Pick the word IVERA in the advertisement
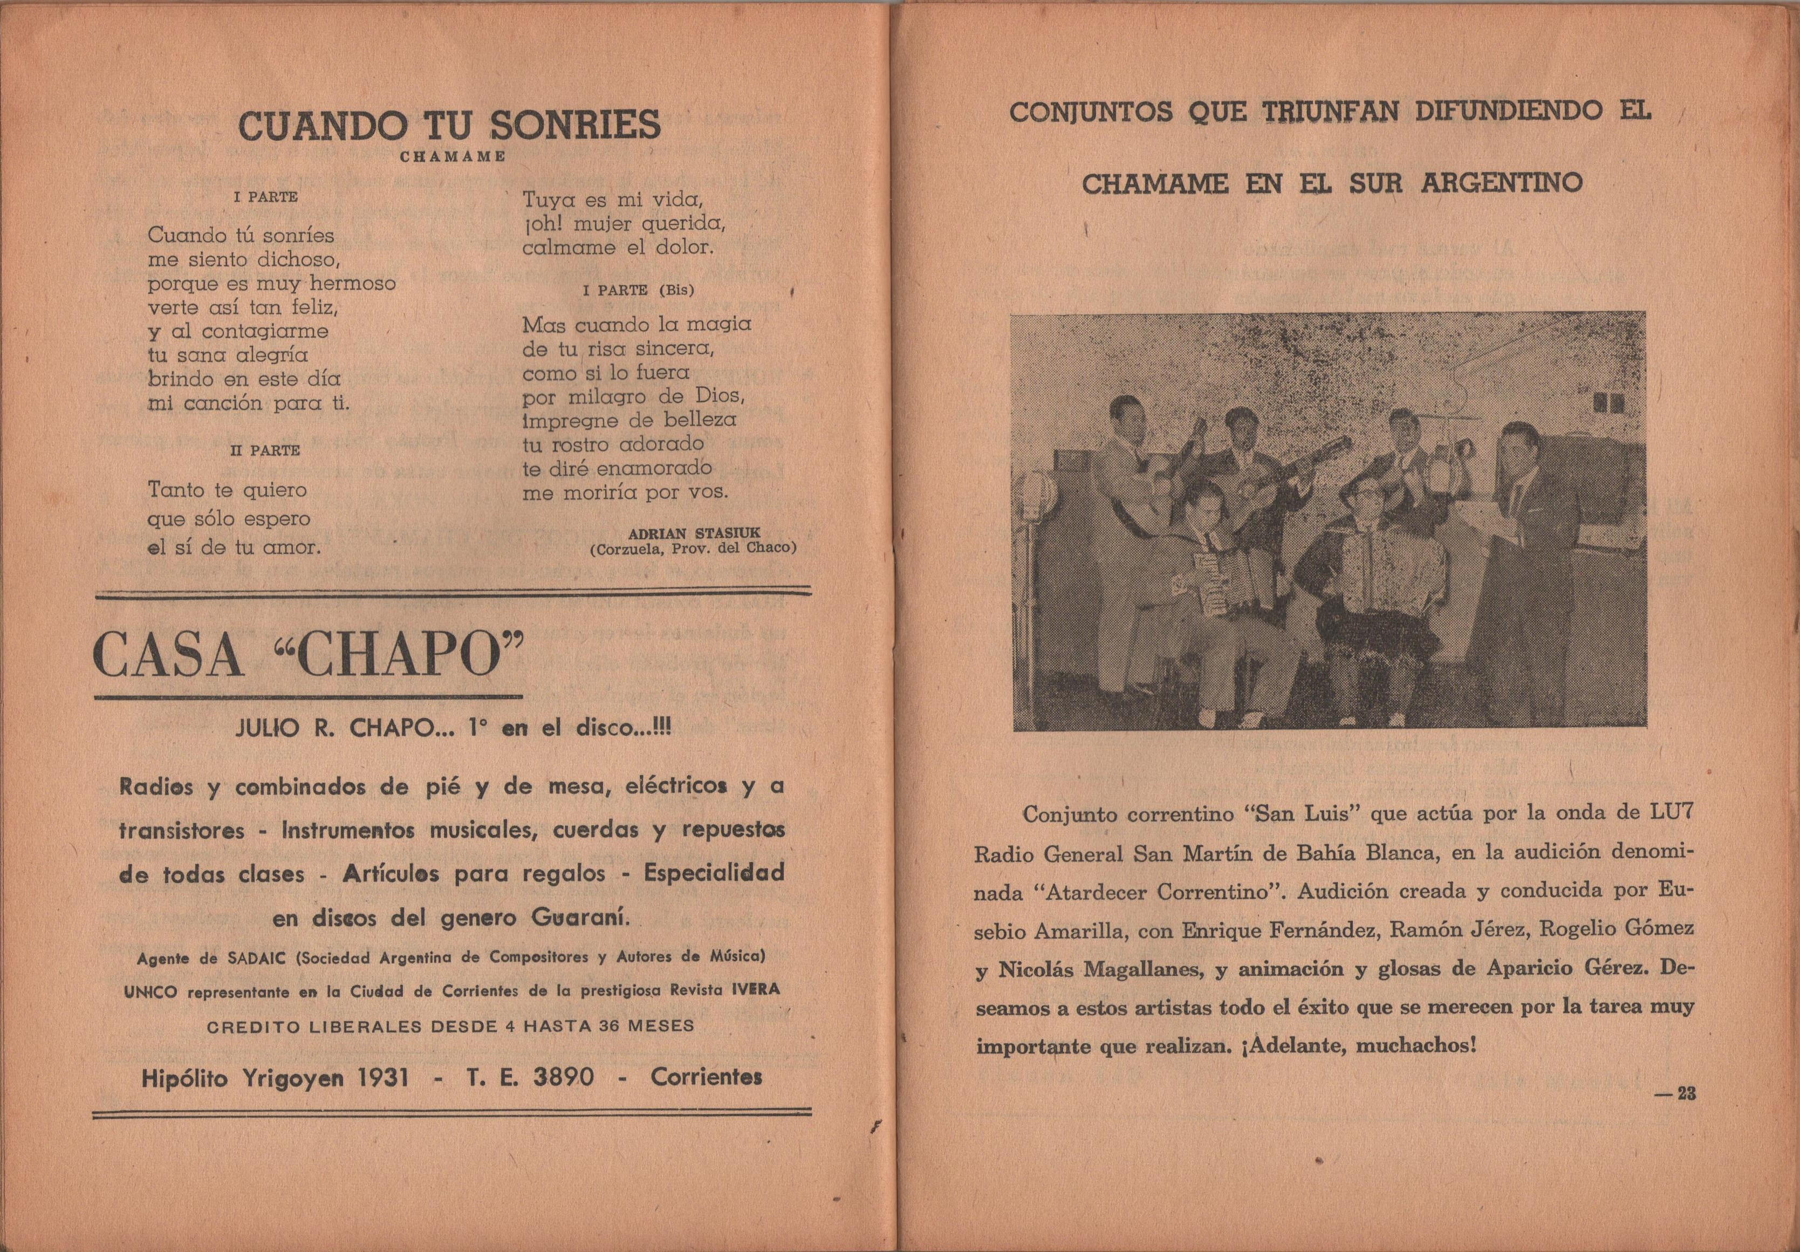[x=756, y=989]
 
